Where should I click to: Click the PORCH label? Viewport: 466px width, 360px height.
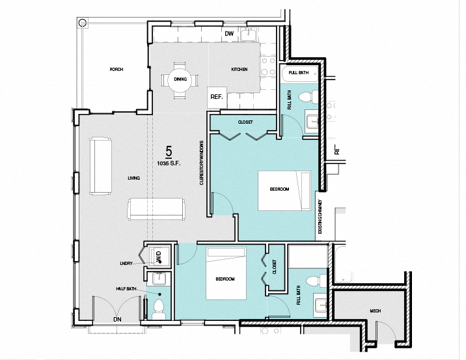point(116,69)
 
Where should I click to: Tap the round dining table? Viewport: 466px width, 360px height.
point(180,79)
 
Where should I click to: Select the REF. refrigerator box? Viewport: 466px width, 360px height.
point(217,97)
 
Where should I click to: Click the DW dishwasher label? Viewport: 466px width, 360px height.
point(229,34)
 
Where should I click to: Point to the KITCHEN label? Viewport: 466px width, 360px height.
point(240,70)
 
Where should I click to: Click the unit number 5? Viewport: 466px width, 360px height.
point(168,152)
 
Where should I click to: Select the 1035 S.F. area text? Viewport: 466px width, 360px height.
point(168,162)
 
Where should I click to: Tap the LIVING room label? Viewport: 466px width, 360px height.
point(135,178)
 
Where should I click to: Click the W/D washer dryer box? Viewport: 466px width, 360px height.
point(159,256)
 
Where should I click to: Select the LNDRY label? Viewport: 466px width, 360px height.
point(126,263)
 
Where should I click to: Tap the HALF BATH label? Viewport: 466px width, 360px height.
point(126,289)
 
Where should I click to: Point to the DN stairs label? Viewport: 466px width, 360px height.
point(117,320)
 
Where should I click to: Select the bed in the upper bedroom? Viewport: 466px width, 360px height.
point(285,190)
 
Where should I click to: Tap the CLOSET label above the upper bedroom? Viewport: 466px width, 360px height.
point(245,122)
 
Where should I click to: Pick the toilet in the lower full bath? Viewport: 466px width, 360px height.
point(315,281)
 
